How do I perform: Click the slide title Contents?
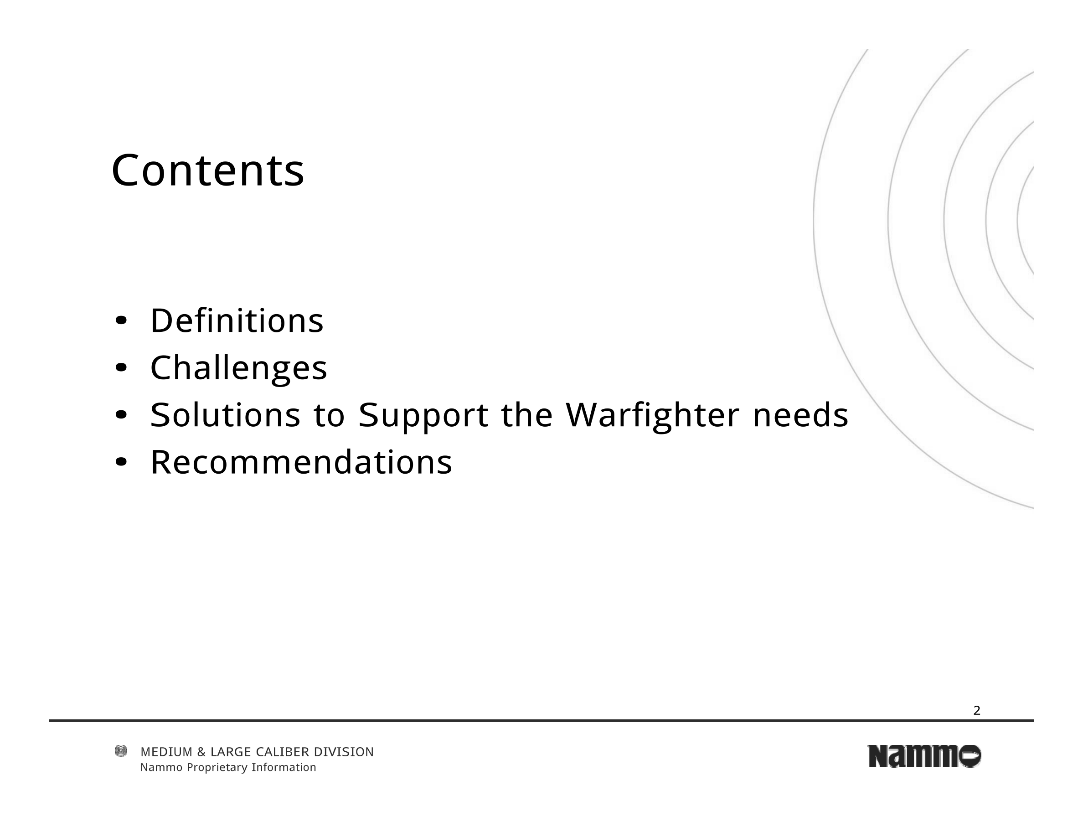(208, 170)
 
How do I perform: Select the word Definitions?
(237, 320)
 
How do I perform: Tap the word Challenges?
(239, 368)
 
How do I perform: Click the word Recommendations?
(301, 462)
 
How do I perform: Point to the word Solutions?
(226, 414)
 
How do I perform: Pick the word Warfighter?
(653, 415)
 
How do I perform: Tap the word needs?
(801, 414)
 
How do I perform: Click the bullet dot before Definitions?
(121, 321)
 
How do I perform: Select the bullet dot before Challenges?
(121, 368)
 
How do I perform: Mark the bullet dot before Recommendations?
(121, 462)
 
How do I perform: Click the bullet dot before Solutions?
(121, 415)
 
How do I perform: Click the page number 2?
(977, 711)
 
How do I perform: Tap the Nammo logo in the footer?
(924, 756)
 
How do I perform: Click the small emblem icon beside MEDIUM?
(120, 751)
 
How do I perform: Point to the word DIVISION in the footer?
(344, 752)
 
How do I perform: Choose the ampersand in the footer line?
(201, 752)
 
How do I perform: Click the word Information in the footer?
(284, 768)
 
